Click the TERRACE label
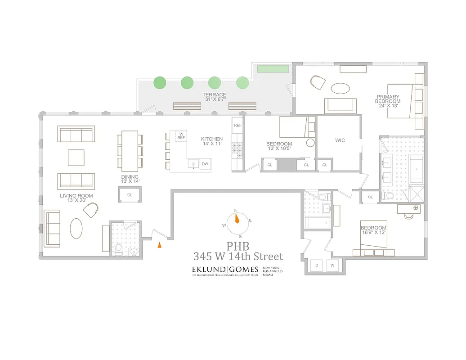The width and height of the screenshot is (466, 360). point(214,95)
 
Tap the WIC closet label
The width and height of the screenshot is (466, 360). point(340,140)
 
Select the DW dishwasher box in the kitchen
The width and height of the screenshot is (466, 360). point(205,164)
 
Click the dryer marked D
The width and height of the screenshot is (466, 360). point(317,265)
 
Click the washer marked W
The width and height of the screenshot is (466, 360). point(333,265)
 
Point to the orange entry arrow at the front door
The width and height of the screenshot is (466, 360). point(159,245)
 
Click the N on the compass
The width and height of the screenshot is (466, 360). point(235,211)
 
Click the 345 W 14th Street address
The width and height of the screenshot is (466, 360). point(238,257)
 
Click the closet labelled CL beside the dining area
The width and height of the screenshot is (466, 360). point(130,195)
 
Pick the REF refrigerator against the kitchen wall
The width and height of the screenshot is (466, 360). point(237,126)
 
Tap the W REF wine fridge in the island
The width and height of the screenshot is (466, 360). point(181,136)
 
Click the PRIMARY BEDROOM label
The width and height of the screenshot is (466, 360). point(388,99)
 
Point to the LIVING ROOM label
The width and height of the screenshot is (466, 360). point(76,196)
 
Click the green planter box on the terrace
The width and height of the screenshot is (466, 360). point(273,69)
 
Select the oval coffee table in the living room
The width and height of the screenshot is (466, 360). point(76,228)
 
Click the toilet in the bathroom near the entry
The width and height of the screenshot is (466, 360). point(118,250)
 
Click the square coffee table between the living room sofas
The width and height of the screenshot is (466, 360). point(76,157)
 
